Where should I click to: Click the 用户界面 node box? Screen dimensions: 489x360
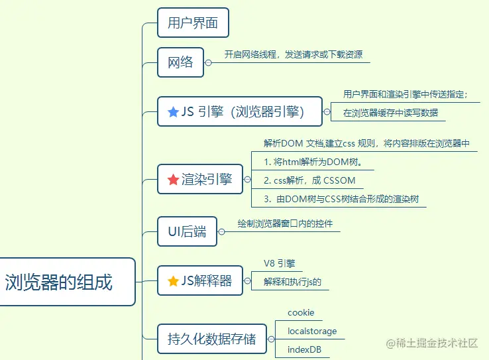[193, 23]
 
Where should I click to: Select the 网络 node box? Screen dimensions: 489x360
[180, 62]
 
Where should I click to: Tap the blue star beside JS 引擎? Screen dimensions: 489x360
[173, 112]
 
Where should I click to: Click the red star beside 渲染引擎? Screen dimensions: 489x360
[173, 179]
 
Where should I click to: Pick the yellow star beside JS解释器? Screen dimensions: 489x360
[173, 281]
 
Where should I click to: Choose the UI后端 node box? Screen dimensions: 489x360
[187, 231]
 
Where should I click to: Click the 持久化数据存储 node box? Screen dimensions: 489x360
[211, 339]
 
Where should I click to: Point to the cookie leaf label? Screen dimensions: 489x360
[301, 312]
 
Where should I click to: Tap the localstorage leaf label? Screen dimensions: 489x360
[312, 331]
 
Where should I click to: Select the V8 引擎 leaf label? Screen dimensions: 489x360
[278, 263]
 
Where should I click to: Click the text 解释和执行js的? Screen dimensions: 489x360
[292, 282]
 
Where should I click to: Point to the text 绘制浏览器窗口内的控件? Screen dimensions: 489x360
[285, 223]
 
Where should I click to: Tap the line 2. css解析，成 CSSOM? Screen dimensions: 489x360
[309, 180]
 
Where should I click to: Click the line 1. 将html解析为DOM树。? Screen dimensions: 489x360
[312, 162]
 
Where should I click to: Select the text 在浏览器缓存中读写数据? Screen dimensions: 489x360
[390, 113]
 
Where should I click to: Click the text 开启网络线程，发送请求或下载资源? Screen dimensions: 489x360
[293, 54]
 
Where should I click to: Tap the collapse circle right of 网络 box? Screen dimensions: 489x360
[208, 62]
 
